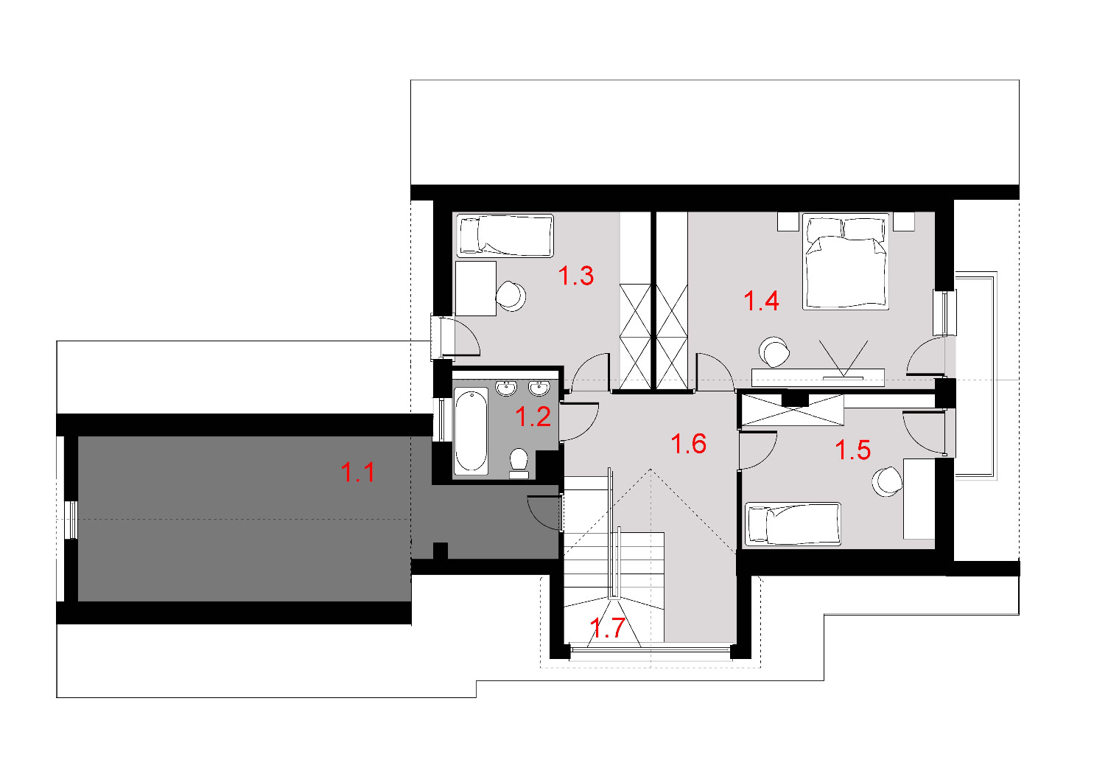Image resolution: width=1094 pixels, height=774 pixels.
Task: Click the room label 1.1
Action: [x=358, y=473]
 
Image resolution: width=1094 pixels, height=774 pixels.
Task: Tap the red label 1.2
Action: [x=533, y=416]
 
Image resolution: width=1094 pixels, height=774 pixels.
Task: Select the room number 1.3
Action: [x=576, y=276]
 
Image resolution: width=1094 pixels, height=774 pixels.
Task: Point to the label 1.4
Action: [x=761, y=301]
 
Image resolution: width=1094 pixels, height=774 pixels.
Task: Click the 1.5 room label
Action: [x=853, y=450]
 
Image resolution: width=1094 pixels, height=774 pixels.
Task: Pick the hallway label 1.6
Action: [x=689, y=444]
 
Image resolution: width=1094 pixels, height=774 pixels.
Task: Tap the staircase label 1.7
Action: [x=607, y=628]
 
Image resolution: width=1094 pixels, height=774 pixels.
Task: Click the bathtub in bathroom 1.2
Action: [x=471, y=431]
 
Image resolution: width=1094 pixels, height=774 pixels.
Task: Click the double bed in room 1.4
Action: [x=846, y=261]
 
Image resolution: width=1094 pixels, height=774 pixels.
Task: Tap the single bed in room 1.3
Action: [x=505, y=236]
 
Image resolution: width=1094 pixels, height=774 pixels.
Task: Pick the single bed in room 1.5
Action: [x=792, y=524]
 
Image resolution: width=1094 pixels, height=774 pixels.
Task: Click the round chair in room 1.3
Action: [x=511, y=296]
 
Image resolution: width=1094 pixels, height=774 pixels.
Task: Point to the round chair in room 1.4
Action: [x=774, y=352]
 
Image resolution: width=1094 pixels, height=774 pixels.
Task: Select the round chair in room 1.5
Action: [x=888, y=482]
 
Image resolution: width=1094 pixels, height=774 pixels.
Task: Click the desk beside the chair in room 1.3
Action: [x=476, y=288]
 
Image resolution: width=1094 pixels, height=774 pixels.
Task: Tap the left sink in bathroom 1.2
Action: [x=506, y=388]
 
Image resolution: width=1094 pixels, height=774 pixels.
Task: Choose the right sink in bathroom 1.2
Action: [x=539, y=388]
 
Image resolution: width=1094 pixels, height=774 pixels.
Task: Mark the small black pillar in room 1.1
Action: [x=441, y=551]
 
